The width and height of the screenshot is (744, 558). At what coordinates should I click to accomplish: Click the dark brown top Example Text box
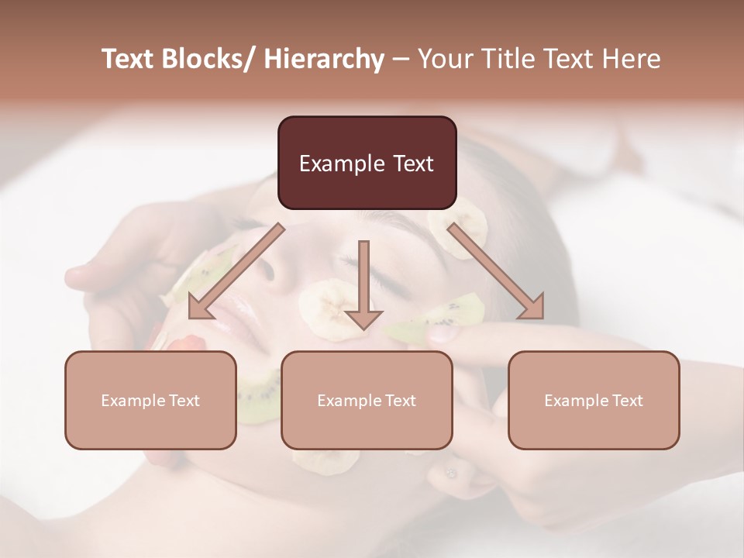coord(367,163)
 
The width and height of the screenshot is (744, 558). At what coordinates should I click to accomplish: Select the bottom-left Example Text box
coord(150,400)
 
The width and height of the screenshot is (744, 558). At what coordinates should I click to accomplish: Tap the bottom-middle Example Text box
coord(367,400)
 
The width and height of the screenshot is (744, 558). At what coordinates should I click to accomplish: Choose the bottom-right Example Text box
coord(594,400)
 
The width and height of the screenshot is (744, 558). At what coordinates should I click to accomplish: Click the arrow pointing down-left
coord(233,272)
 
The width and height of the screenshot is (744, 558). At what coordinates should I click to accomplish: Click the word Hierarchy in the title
coord(324,59)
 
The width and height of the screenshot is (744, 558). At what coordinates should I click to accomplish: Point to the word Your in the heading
coord(443,59)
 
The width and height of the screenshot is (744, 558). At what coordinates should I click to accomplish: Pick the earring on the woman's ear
coord(450,472)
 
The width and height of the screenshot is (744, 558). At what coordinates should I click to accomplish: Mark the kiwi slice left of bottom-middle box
coord(260,397)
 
